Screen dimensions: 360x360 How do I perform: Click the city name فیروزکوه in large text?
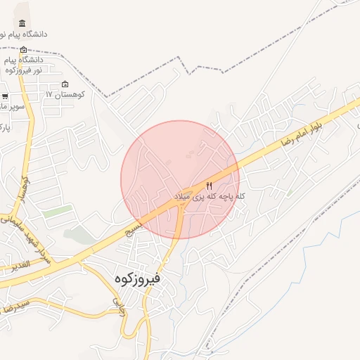point(137,278)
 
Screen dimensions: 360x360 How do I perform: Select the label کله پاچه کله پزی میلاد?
point(210,196)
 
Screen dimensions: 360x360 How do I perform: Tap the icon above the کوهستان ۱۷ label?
point(65,84)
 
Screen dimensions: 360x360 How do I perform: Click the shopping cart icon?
point(5,96)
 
